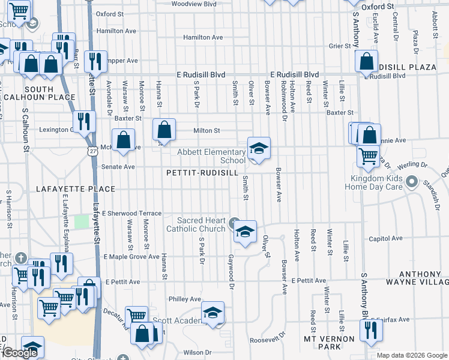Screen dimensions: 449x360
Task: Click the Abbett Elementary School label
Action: click(212, 156)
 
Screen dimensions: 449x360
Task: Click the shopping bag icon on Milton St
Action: click(164, 129)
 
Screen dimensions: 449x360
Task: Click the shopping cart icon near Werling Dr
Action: click(368, 155)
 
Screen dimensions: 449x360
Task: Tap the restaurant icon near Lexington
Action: click(83, 122)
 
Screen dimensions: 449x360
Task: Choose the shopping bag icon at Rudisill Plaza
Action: click(366, 61)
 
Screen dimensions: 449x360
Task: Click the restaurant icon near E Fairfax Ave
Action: click(370, 330)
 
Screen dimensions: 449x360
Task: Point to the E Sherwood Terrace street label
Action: click(132, 213)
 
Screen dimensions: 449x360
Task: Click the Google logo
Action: click(20, 353)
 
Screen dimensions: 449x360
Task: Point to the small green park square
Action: click(81, 221)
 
